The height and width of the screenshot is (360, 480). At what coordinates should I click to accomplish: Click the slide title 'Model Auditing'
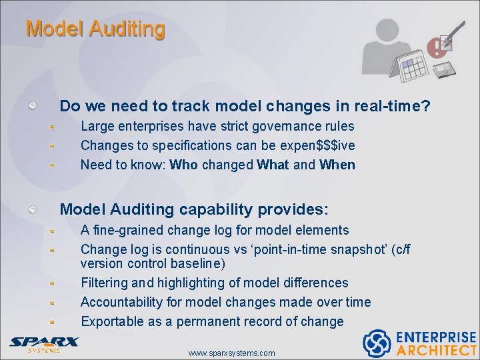95,29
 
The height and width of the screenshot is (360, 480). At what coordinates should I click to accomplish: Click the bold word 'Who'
183,165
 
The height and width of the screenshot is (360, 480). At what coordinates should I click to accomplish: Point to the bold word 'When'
337,165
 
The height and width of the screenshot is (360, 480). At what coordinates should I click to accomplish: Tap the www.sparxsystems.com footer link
231,353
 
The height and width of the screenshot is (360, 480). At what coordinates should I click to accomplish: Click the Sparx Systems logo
44,344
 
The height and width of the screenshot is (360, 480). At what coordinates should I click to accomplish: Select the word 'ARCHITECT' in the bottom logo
437,350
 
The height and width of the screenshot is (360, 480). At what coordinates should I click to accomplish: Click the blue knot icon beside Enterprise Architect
377,343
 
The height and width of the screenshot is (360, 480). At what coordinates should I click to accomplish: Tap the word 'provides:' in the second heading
297,209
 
